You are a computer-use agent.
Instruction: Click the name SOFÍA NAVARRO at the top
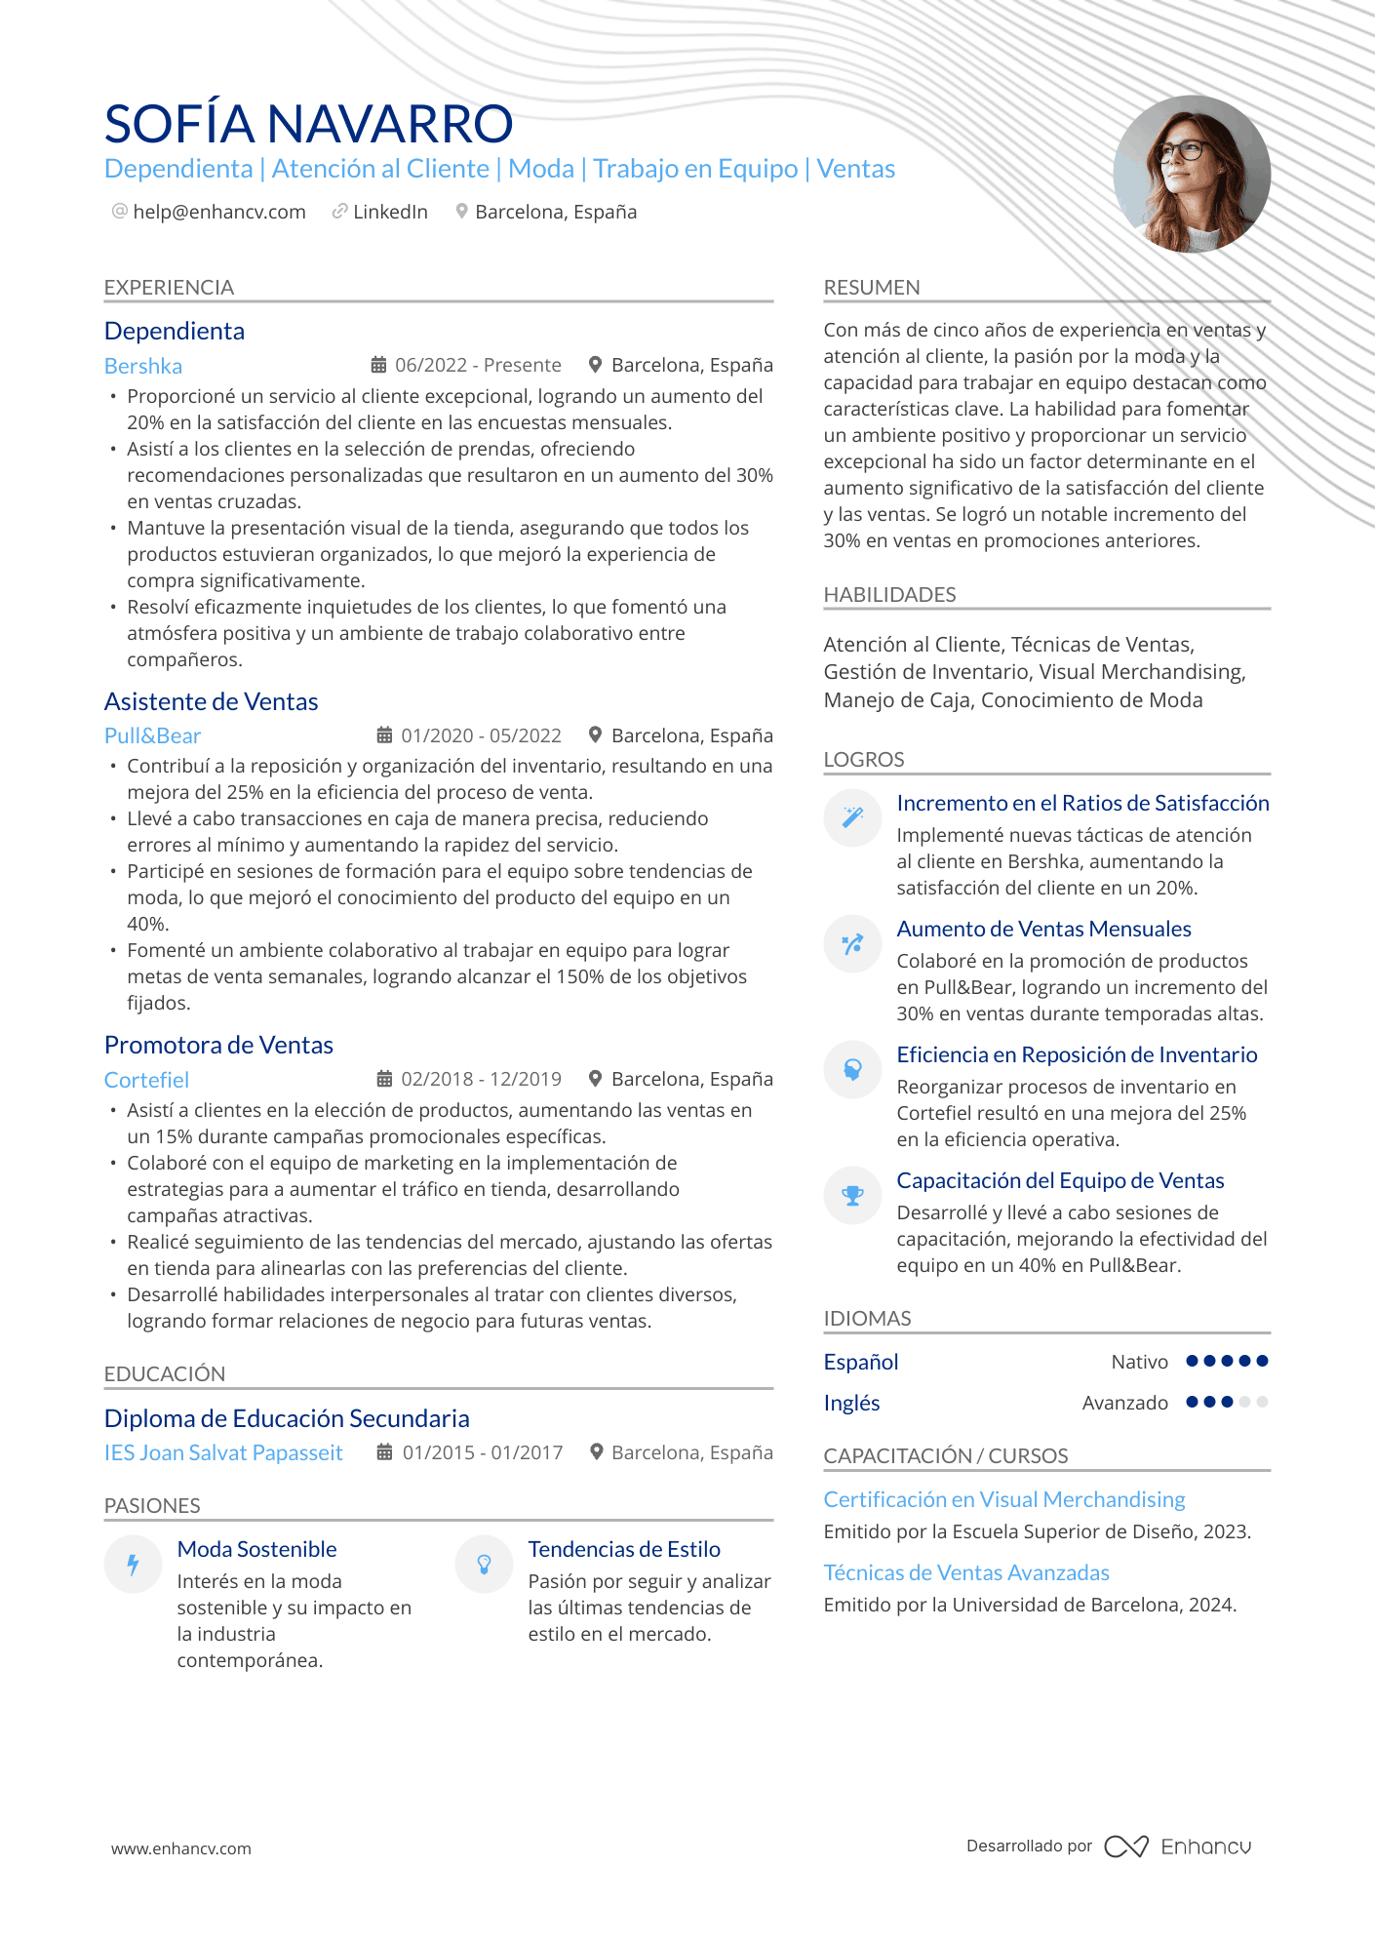[308, 124]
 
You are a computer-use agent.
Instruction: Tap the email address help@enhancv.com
[218, 212]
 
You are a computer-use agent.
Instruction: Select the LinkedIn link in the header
[389, 212]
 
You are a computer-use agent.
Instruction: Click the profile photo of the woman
[1191, 174]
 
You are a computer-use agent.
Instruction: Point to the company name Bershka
[143, 366]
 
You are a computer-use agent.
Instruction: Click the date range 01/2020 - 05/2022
[481, 735]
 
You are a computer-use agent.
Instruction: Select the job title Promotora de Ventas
[218, 1045]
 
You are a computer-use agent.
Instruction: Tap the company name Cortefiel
[146, 1080]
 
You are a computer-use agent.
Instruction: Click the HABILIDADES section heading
[889, 594]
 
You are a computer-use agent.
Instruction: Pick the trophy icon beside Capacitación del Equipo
[852, 1195]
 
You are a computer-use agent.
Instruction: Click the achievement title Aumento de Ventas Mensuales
[1043, 929]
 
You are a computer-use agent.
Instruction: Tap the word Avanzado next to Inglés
[1124, 1403]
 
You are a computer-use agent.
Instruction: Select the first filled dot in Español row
[1192, 1361]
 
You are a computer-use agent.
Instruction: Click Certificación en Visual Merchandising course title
[1003, 1499]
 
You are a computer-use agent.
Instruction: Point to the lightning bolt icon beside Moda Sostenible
[133, 1565]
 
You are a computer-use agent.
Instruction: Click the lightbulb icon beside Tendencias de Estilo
[484, 1565]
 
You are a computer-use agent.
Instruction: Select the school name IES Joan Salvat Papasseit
[223, 1452]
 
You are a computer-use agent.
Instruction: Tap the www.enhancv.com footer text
[180, 1848]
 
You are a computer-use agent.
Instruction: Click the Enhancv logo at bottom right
[1177, 1847]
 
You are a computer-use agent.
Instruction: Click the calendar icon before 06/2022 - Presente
[379, 365]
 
